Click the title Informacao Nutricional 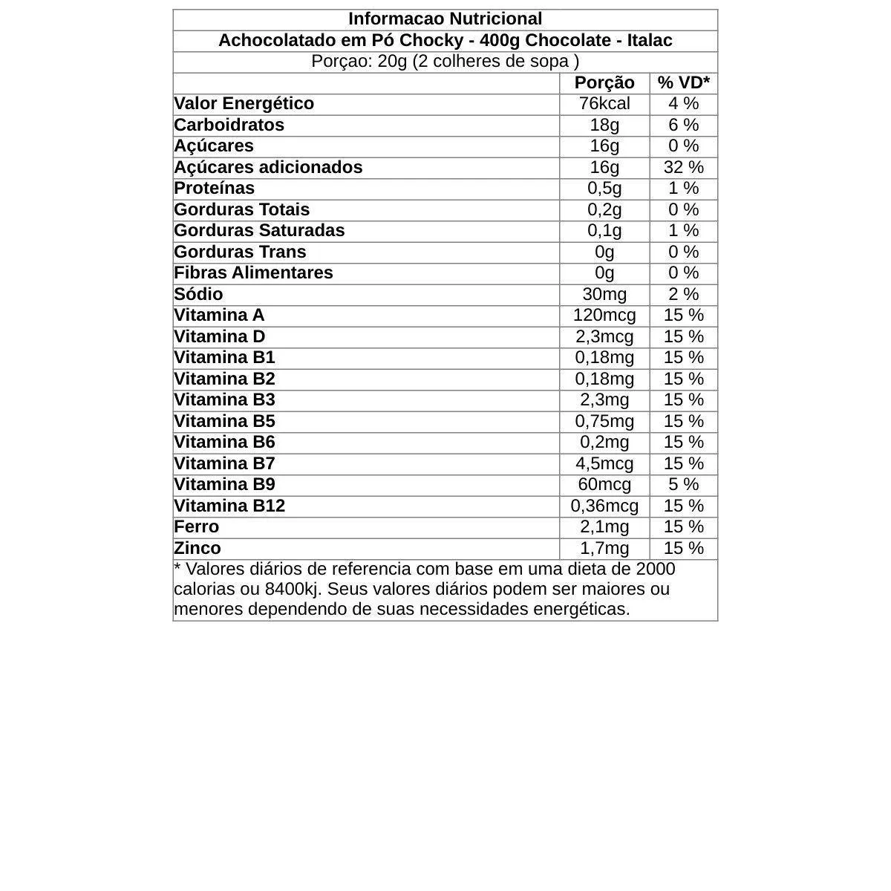pos(445,19)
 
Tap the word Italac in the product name pos(650,41)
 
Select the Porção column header pos(604,82)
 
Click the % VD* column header pos(683,82)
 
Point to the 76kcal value pos(604,104)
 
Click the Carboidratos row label pos(229,125)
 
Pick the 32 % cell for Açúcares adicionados pos(683,167)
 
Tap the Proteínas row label pos(214,189)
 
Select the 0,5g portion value pos(604,189)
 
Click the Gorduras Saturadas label pos(259,231)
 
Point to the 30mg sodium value pos(604,294)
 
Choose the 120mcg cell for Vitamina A pos(604,316)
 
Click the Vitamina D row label pos(219,336)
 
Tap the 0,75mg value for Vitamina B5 pos(604,421)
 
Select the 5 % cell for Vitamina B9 pos(683,485)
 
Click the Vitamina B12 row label pos(229,506)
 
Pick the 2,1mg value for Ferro pos(604,527)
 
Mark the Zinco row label pos(198,548)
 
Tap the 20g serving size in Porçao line pos(392,62)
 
